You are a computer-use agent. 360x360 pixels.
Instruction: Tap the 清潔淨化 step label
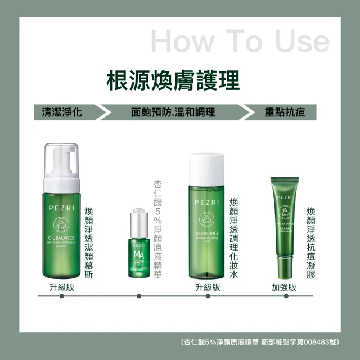point(58,111)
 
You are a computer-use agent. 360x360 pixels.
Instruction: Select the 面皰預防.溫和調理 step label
point(173,111)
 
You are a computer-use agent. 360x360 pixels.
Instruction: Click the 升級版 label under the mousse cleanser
point(62,286)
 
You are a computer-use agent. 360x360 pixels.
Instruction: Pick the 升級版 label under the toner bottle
point(208,286)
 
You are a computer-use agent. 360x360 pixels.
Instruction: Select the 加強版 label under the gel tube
point(284,286)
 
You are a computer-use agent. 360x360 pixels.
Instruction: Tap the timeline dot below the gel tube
point(284,296)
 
